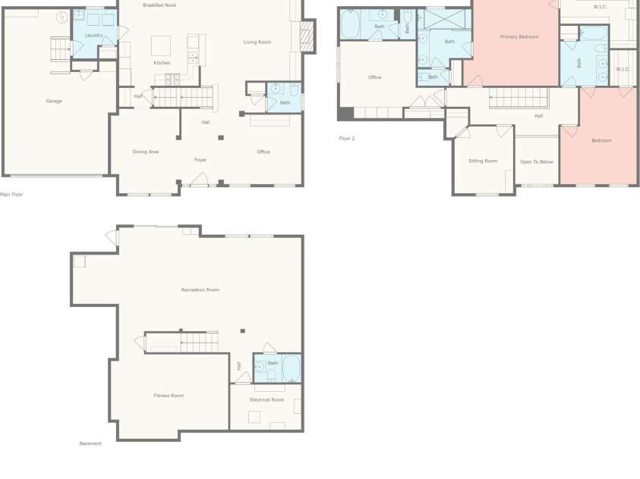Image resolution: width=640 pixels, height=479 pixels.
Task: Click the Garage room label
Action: click(54, 101)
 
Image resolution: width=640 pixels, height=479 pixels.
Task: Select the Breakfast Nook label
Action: click(159, 5)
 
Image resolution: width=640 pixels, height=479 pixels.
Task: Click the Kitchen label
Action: click(162, 63)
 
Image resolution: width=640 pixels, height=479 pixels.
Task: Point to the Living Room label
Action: click(257, 42)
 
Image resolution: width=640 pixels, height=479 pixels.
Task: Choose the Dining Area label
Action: click(146, 152)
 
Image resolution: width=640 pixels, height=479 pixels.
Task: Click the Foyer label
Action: click(200, 160)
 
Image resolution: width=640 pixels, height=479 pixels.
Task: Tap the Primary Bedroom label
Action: click(519, 36)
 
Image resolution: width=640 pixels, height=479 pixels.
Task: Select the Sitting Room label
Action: click(483, 161)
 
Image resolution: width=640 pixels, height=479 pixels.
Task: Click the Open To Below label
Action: click(537, 161)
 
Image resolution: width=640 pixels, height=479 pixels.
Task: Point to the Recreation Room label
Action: click(200, 290)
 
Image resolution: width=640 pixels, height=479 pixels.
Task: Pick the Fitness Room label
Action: click(169, 395)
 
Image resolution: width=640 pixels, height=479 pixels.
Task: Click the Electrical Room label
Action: click(267, 399)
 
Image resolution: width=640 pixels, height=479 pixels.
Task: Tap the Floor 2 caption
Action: click(347, 138)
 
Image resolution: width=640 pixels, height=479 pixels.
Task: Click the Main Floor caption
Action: click(12, 194)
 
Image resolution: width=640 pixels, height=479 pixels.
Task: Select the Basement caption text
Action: click(90, 443)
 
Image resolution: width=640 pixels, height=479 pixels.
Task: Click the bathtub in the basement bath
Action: click(292, 368)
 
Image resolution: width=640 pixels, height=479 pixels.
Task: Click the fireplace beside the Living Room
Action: click(307, 35)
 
